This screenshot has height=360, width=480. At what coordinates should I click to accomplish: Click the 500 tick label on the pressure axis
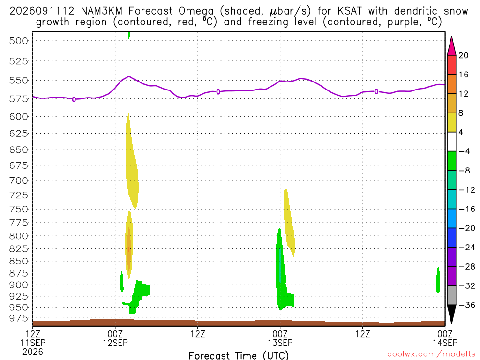point(19,41)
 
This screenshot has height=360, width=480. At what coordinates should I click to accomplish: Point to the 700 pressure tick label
point(19,180)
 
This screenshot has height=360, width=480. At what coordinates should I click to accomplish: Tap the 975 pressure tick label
point(19,318)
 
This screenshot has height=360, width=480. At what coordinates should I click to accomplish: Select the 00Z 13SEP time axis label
point(280,338)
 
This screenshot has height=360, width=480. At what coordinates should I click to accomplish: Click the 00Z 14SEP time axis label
point(445,338)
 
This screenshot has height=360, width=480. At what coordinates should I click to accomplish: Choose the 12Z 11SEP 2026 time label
point(33,343)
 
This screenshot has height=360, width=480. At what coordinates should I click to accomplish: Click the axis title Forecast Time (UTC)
point(239,355)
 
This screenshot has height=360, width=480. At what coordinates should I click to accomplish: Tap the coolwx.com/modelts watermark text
point(431,354)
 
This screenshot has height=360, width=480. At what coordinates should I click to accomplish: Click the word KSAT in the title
point(350,11)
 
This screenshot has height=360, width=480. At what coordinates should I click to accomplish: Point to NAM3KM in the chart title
point(101,11)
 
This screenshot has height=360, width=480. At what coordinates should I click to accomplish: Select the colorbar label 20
point(464,55)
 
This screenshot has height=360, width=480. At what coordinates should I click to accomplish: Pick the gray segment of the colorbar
point(451,295)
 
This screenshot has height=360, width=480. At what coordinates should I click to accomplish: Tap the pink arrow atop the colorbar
point(451,46)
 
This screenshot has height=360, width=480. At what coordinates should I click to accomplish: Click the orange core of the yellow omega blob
point(129,248)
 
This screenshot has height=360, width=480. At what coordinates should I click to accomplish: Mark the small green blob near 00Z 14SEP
point(438,280)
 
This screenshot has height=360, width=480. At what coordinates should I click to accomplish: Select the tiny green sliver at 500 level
point(129,36)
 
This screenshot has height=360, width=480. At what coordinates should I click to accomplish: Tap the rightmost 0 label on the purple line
point(376,91)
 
